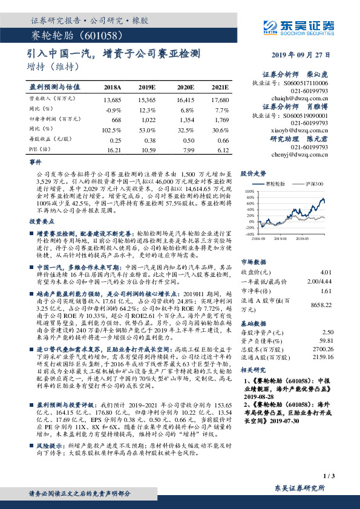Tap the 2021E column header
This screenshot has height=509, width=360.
pyautogui.click(x=220, y=88)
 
